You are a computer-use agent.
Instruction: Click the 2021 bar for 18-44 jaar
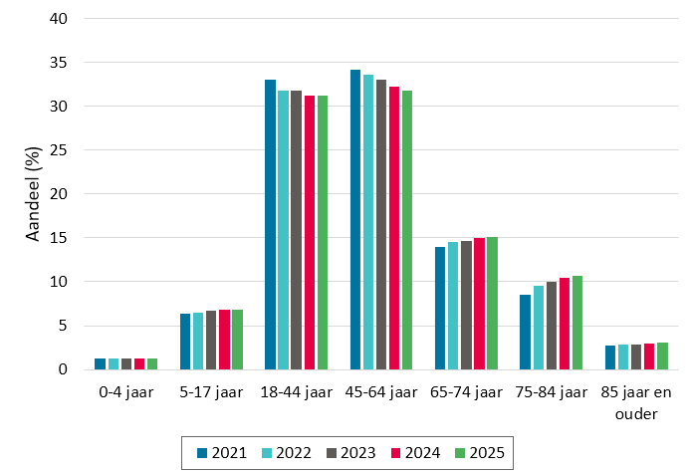tap(270, 224)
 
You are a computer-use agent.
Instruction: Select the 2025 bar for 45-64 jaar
tap(407, 230)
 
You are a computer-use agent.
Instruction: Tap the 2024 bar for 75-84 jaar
tap(565, 324)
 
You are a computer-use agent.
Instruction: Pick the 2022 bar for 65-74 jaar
tap(453, 306)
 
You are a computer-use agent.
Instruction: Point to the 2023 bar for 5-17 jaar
tap(211, 340)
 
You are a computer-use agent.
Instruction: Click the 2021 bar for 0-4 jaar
tap(100, 364)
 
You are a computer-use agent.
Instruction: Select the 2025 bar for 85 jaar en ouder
tap(662, 356)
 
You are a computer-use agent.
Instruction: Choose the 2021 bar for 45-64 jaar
tap(355, 220)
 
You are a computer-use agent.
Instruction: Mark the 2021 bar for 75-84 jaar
tap(525, 332)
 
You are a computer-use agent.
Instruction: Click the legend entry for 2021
tap(222, 453)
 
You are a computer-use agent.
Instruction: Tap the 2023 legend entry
tap(350, 453)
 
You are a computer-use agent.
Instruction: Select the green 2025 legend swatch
tap(460, 453)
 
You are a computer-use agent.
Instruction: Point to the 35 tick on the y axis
tap(58, 63)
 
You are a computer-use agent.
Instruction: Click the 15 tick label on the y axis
tap(58, 238)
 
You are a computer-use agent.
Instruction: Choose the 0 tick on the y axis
tap(63, 369)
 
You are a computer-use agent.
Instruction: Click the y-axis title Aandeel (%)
tap(33, 193)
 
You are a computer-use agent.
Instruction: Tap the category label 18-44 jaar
tap(296, 391)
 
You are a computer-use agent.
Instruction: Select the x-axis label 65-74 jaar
tap(466, 391)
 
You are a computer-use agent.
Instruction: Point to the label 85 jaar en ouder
tap(636, 402)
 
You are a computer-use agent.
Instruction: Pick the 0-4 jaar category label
tap(126, 391)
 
